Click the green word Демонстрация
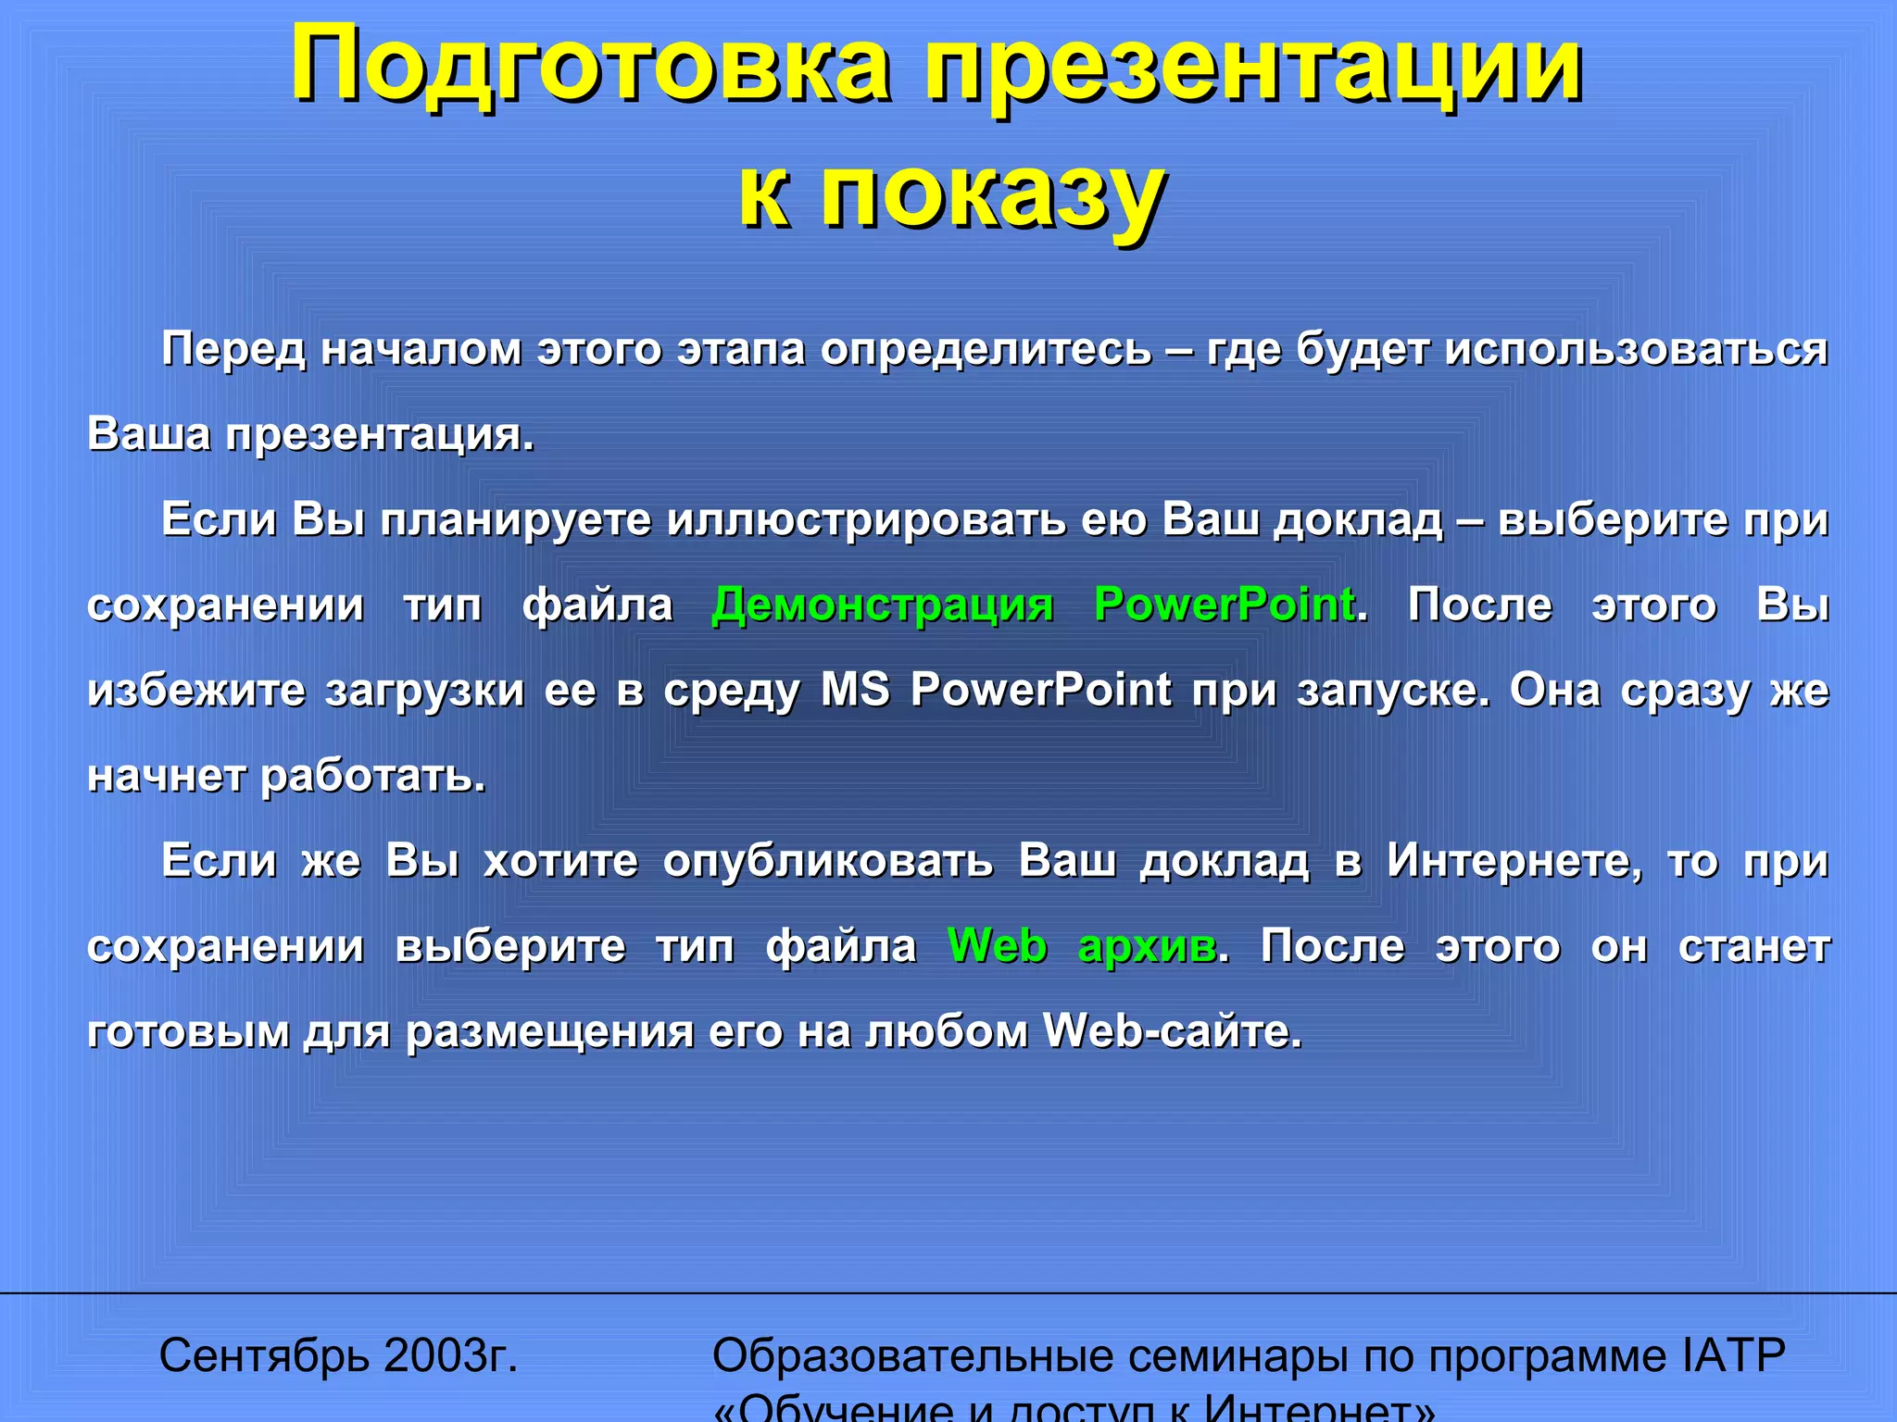coord(883,605)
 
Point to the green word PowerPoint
coord(1225,605)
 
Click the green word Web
coord(998,946)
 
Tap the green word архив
coord(1149,946)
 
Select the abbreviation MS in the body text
coord(855,690)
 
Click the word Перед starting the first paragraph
coord(233,350)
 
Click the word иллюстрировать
coord(866,519)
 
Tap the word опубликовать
coord(827,861)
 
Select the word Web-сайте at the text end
coord(1172,1031)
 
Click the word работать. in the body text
coord(373,776)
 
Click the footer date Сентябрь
coord(264,1356)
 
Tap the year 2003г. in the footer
coord(450,1356)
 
